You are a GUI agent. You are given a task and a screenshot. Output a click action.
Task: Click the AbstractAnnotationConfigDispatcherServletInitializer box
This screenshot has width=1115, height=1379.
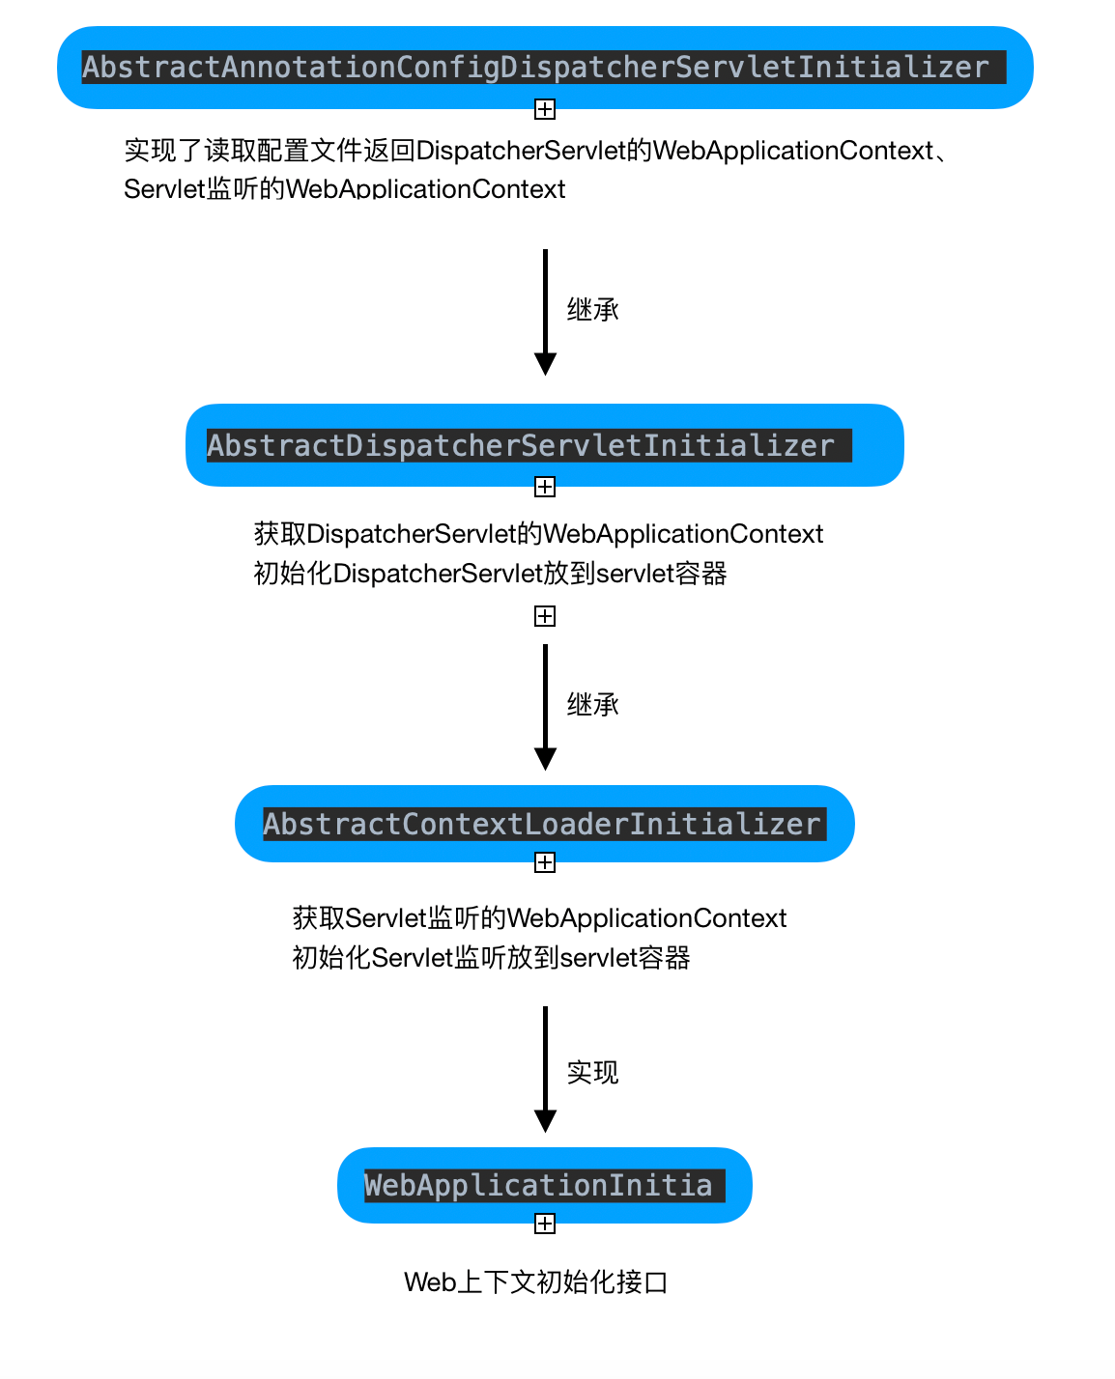click(x=545, y=67)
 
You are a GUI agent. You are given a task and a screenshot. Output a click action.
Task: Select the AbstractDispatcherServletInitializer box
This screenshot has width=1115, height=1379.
click(x=544, y=445)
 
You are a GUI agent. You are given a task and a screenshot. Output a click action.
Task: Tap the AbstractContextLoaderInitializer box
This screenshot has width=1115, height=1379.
click(x=544, y=824)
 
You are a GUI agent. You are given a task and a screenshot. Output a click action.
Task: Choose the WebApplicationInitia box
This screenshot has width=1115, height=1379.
click(x=544, y=1185)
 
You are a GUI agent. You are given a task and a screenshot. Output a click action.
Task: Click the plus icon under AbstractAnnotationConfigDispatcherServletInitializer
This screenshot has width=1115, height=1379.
click(x=545, y=109)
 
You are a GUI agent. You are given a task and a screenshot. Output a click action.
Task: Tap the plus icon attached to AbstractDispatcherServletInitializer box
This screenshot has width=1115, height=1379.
click(x=545, y=487)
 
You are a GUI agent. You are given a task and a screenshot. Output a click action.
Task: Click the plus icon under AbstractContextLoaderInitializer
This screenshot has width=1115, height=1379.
click(x=545, y=862)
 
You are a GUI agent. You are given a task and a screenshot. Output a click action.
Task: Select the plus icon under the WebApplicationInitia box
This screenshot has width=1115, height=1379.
click(x=545, y=1224)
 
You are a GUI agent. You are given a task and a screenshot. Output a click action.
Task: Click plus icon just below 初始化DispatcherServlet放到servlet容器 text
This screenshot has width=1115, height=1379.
click(x=545, y=616)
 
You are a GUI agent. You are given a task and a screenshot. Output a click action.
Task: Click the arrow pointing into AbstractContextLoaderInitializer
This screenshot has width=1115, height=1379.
click(x=545, y=706)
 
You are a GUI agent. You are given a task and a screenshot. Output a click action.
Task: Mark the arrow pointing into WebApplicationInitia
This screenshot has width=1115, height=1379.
click(x=545, y=1068)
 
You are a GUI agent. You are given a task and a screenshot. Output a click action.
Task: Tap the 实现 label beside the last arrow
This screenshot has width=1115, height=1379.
click(x=592, y=1073)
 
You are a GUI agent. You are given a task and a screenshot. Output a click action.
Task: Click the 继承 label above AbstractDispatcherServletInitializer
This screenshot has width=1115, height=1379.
click(x=592, y=310)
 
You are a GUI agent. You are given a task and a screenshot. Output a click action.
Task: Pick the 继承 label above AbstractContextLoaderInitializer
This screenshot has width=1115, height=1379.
click(x=592, y=705)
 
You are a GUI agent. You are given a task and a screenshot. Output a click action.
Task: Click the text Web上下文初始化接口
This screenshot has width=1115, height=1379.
click(x=536, y=1282)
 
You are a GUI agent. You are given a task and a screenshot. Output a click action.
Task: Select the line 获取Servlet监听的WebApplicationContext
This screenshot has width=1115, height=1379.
click(x=539, y=918)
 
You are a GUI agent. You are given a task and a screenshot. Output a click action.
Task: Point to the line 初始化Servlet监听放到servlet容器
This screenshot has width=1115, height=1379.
click(x=491, y=958)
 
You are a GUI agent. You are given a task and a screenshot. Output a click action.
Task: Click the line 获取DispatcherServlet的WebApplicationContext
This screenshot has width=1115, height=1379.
click(x=538, y=534)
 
